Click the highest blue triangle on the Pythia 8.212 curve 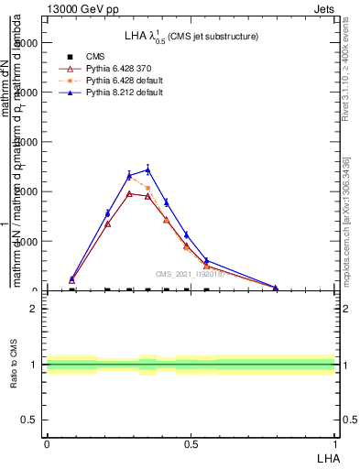point(147,169)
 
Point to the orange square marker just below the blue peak point(147,188)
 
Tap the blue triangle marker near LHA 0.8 point(275,287)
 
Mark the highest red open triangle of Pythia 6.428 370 point(129,193)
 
